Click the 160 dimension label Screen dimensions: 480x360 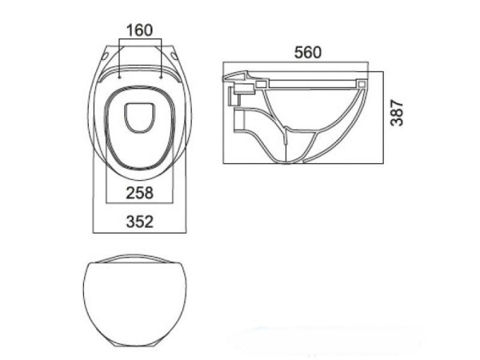(x=139, y=30)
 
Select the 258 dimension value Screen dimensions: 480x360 (x=139, y=193)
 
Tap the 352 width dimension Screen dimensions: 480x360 (x=139, y=222)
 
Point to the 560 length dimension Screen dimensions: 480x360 (x=308, y=52)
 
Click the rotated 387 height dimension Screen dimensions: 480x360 (x=397, y=113)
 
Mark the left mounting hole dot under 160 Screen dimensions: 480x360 (x=119, y=77)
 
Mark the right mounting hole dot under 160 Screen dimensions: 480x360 (x=161, y=77)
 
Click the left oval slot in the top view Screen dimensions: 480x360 (x=105, y=56)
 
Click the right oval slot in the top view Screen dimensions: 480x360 (x=175, y=56)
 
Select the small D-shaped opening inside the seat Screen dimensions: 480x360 (x=139, y=118)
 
